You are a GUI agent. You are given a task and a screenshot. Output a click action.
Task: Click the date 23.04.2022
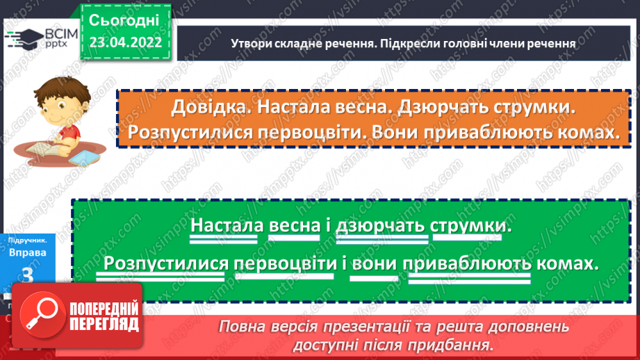(125, 42)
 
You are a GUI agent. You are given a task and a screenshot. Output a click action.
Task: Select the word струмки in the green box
(470, 227)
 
